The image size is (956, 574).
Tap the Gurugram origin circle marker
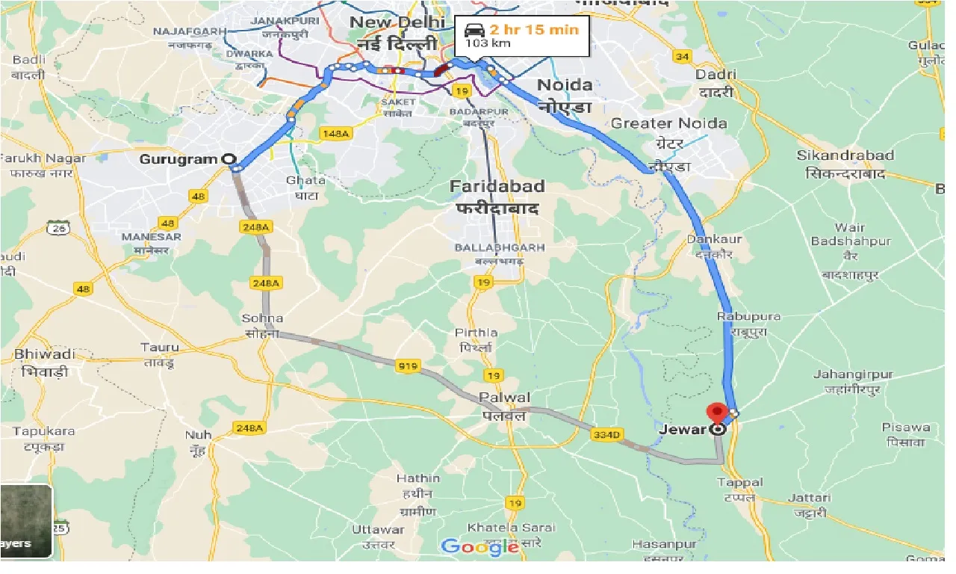(228, 159)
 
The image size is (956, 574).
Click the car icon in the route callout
(474, 31)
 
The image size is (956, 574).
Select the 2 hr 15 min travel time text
(533, 31)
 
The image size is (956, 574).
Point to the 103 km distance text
(482, 44)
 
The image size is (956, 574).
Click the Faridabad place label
(497, 186)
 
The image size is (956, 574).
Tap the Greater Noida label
(668, 123)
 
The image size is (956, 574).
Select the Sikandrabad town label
(845, 156)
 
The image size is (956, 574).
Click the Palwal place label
(506, 398)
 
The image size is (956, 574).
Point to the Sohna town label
(262, 318)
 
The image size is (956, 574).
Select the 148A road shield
(334, 133)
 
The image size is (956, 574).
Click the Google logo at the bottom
(480, 546)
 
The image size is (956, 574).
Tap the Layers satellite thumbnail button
(25, 521)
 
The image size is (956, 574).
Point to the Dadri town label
(716, 75)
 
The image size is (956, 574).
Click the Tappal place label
(739, 483)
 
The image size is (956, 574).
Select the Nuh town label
(198, 435)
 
